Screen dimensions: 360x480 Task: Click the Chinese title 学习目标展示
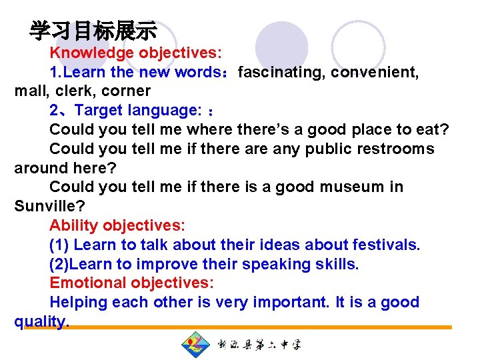click(93, 31)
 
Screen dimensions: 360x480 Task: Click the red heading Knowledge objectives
click(136, 52)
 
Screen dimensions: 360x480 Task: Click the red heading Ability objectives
click(117, 225)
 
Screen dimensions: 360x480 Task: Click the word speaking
click(273, 264)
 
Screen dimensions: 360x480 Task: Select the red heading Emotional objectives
click(131, 283)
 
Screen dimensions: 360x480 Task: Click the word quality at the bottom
click(39, 321)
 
